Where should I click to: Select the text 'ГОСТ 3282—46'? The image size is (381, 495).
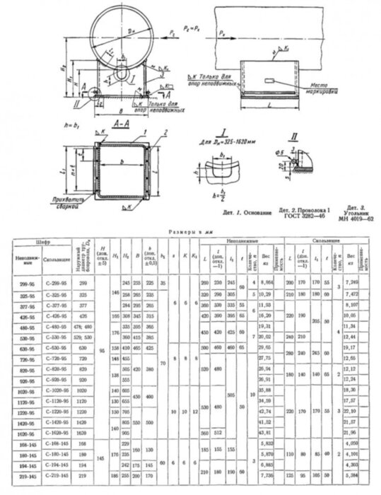coord(299,218)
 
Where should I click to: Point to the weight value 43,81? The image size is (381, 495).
coord(266,431)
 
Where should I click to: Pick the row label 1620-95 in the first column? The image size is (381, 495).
coord(21,431)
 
